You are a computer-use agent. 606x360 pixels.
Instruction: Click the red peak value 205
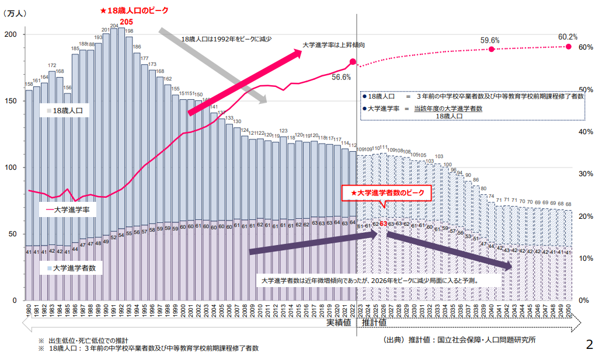[x=127, y=22]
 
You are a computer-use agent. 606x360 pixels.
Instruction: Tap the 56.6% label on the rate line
[x=341, y=76]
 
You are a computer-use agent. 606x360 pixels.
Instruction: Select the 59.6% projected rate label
[x=490, y=40]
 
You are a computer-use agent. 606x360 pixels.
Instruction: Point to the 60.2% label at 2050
[x=567, y=37]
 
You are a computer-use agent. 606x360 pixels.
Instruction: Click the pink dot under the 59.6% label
[x=491, y=49]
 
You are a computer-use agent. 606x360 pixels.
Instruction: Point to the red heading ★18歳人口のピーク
[x=133, y=11]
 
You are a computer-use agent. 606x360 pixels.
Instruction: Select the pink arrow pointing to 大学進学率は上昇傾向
[x=245, y=81]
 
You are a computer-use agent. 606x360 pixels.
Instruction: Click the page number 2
[x=589, y=344]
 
